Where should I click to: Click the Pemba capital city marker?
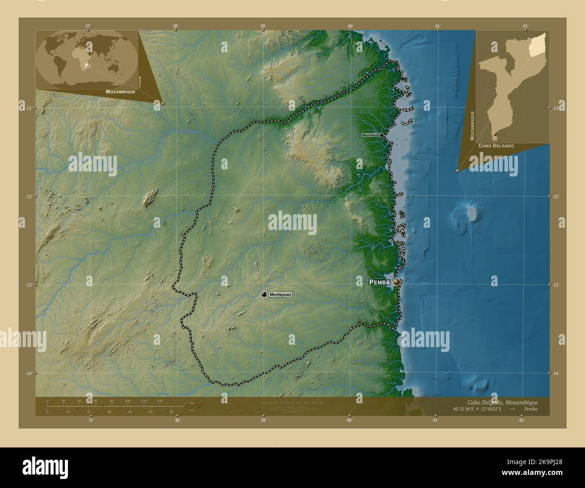396,282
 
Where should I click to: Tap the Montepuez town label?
280,294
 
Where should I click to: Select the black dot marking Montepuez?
264,294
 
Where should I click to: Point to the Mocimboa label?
370,135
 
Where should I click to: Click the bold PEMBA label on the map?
379,282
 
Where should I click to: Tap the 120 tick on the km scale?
144,401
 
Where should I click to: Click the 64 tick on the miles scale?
130,411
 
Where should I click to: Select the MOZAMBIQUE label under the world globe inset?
121,91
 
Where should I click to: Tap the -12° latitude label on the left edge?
29,197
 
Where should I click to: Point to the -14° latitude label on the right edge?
556,374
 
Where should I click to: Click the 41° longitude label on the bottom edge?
435,420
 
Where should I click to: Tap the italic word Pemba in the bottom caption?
531,409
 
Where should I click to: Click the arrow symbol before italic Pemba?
513,409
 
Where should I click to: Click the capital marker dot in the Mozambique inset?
495,134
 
